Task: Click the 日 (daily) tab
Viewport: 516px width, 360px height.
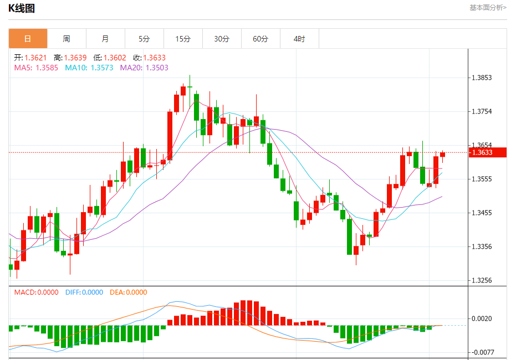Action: [x=28, y=39]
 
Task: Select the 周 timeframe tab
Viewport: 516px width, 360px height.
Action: [x=67, y=39]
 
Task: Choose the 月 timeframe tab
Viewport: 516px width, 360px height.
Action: [x=105, y=39]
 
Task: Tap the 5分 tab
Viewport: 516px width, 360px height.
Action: [x=144, y=39]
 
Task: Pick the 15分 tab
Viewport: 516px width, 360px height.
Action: [x=183, y=39]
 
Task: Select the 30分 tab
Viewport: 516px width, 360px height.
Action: [x=222, y=39]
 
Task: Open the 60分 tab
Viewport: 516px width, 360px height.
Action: [x=260, y=39]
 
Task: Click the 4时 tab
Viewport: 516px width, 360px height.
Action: [x=299, y=39]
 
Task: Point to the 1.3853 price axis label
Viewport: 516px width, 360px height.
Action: [x=481, y=78]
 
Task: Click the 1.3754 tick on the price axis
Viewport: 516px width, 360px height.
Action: [x=481, y=111]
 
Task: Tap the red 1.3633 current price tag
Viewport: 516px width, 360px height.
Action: [x=481, y=152]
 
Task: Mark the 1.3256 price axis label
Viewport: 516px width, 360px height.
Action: [x=481, y=280]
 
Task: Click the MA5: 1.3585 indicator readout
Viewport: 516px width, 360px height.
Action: [x=36, y=68]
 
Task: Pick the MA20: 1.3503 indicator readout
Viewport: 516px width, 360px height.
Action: [x=144, y=68]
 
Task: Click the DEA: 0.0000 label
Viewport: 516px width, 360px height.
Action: [x=129, y=292]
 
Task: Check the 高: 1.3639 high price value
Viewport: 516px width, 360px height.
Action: [x=70, y=58]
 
